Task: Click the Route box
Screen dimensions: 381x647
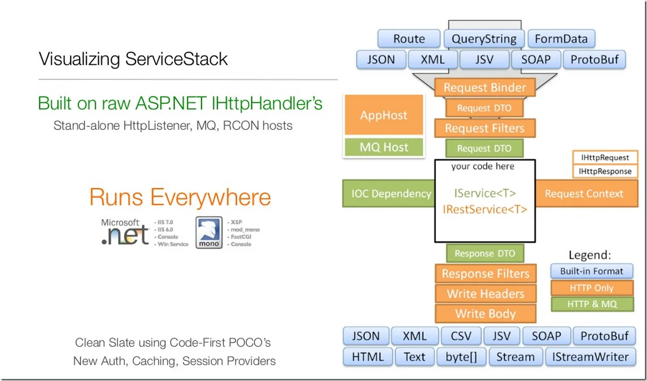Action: [409, 39]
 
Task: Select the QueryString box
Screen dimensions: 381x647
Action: [484, 39]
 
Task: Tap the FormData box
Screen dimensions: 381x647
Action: [561, 39]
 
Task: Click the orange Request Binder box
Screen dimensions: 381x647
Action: [484, 87]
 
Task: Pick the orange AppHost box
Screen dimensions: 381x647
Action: [383, 115]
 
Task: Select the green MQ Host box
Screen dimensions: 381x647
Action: [383, 147]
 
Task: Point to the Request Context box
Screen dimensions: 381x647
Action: [584, 193]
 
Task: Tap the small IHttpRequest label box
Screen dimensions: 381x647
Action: [605, 158]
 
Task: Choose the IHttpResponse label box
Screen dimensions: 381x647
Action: [605, 171]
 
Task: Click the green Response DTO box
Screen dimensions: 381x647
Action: [484, 253]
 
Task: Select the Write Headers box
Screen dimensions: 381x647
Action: [486, 294]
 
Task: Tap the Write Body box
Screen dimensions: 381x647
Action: [486, 314]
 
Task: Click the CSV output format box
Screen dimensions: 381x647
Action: [462, 336]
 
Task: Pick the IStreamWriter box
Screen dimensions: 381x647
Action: [590, 357]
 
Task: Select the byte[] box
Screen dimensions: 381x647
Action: [462, 357]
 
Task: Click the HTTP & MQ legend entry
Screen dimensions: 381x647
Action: [592, 304]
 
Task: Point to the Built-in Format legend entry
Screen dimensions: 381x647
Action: [592, 271]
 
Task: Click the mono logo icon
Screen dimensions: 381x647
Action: [209, 232]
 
